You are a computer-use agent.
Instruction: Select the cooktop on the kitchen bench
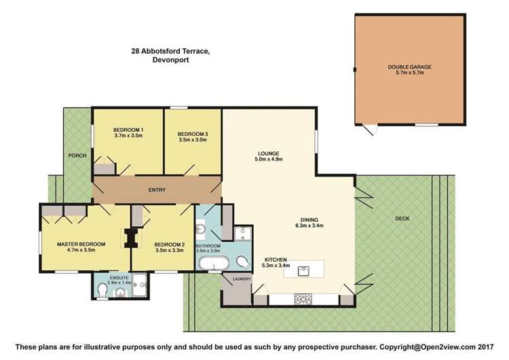[303, 300]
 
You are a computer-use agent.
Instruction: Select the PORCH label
[76, 156]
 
